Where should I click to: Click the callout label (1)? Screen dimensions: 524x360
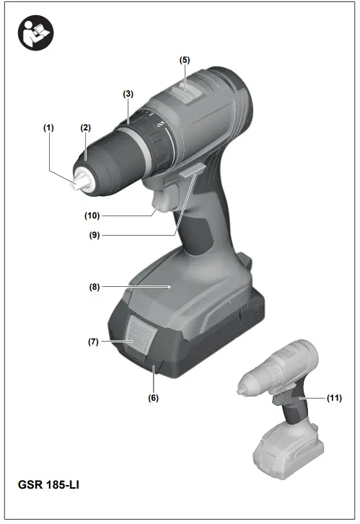48,128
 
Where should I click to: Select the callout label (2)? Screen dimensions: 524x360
85,128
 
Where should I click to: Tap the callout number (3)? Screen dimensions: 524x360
128,94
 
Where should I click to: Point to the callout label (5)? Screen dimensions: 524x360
185,60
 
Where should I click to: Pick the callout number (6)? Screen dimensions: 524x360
154,397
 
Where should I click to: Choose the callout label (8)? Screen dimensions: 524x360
95,286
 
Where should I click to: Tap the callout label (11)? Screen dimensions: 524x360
333,397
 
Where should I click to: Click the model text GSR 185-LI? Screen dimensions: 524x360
49,484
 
